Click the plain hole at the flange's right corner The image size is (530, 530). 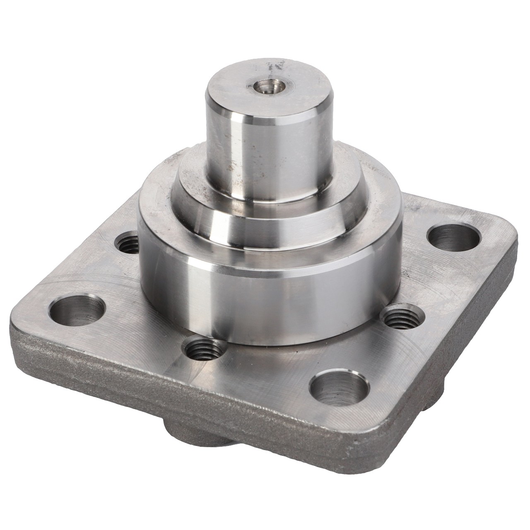point(453,239)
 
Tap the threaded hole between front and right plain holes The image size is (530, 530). point(401,318)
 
